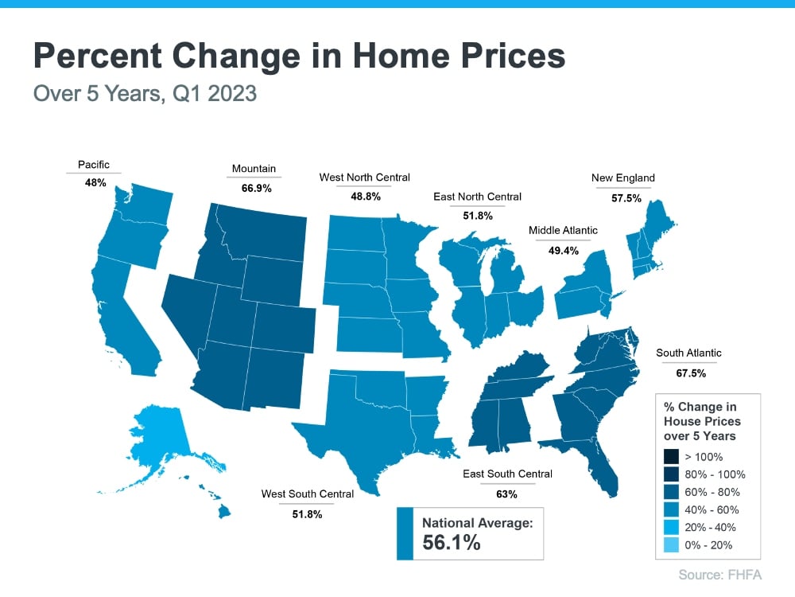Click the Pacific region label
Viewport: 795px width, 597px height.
(93, 164)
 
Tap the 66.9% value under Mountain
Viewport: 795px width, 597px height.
(254, 189)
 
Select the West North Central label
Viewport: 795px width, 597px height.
(364, 177)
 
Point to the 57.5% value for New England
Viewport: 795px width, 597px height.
(626, 198)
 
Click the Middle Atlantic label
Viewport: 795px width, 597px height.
(563, 231)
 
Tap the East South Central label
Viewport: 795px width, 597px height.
(507, 474)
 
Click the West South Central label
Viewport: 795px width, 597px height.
(307, 494)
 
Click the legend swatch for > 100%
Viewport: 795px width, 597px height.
(671, 457)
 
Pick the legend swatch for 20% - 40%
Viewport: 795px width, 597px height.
(671, 527)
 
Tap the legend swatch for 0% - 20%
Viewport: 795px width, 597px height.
(671, 545)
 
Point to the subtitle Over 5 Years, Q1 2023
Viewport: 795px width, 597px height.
(145, 93)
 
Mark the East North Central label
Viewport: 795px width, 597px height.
(477, 196)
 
